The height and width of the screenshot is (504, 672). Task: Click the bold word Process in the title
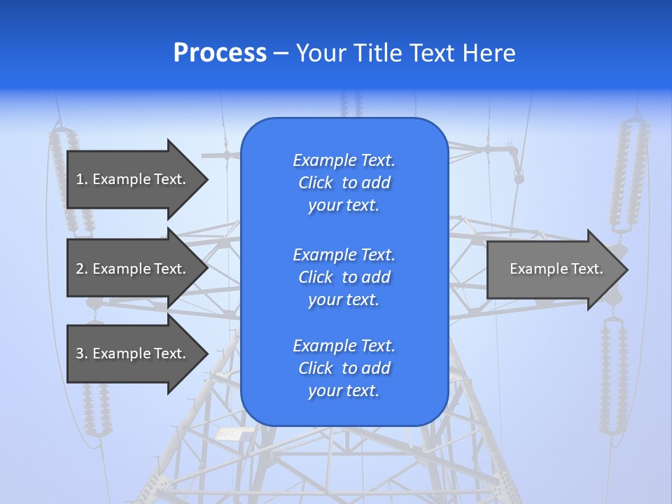click(x=220, y=53)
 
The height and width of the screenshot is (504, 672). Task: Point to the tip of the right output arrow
click(x=626, y=269)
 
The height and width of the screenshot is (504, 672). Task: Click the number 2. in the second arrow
click(x=82, y=269)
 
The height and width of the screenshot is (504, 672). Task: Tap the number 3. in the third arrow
click(x=82, y=353)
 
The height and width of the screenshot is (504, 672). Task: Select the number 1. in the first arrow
click(x=81, y=179)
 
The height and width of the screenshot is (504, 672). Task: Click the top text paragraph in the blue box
click(x=344, y=183)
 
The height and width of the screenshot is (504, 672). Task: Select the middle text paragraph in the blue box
click(x=344, y=276)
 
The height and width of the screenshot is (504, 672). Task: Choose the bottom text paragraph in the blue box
click(x=344, y=368)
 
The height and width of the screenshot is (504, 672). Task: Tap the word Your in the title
click(x=320, y=53)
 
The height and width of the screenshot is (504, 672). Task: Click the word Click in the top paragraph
click(x=315, y=183)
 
